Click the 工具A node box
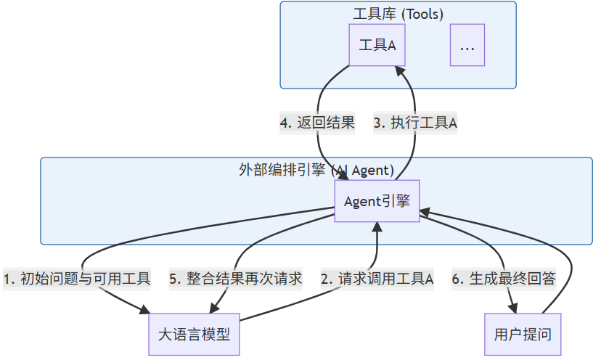tap(377, 45)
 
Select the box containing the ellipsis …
tap(467, 45)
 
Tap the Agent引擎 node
tap(377, 201)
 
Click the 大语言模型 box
tap(194, 335)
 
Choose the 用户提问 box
tap(523, 335)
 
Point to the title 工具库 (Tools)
tap(398, 14)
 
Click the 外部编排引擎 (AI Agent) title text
tap(316, 171)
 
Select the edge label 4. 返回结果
tap(317, 123)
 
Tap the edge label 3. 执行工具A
tap(415, 123)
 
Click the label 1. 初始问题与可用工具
tap(77, 279)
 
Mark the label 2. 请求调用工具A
tap(377, 279)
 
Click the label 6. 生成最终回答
tap(503, 279)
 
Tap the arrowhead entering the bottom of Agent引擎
tap(377, 227)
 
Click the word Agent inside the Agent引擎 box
tap(361, 201)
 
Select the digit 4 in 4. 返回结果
tap(284, 123)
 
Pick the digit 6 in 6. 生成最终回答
tap(456, 279)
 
